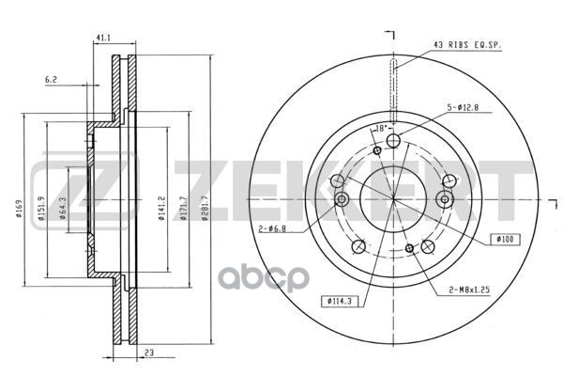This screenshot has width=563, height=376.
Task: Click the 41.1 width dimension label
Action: tap(103, 38)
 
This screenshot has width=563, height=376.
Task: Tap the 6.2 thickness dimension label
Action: tap(51, 80)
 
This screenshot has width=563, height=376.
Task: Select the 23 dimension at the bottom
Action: tap(149, 352)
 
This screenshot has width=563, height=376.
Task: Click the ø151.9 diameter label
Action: tap(41, 209)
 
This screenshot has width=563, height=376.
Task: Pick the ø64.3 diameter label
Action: tap(62, 209)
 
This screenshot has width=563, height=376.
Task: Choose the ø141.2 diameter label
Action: tap(161, 208)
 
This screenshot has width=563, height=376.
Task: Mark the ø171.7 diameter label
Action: tap(183, 208)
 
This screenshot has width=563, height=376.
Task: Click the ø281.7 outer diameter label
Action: tap(205, 208)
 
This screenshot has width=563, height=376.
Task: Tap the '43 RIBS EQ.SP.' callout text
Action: tap(467, 45)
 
